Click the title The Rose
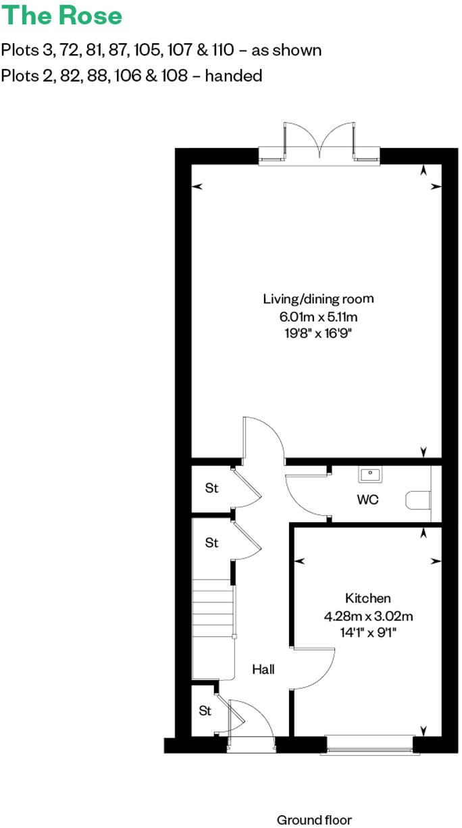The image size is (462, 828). coord(62,16)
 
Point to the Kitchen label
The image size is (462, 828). coord(368,598)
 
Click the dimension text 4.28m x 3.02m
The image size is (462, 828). coord(368,616)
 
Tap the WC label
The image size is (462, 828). coord(368,500)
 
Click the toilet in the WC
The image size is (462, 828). coord(418,500)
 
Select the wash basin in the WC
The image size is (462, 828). coord(369,474)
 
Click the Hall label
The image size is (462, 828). coord(263,670)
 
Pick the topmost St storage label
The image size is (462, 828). coord(212,488)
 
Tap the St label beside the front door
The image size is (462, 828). coord(205,711)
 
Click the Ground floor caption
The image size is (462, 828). coord(314,820)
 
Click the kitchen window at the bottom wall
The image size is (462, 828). coord(369,745)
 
